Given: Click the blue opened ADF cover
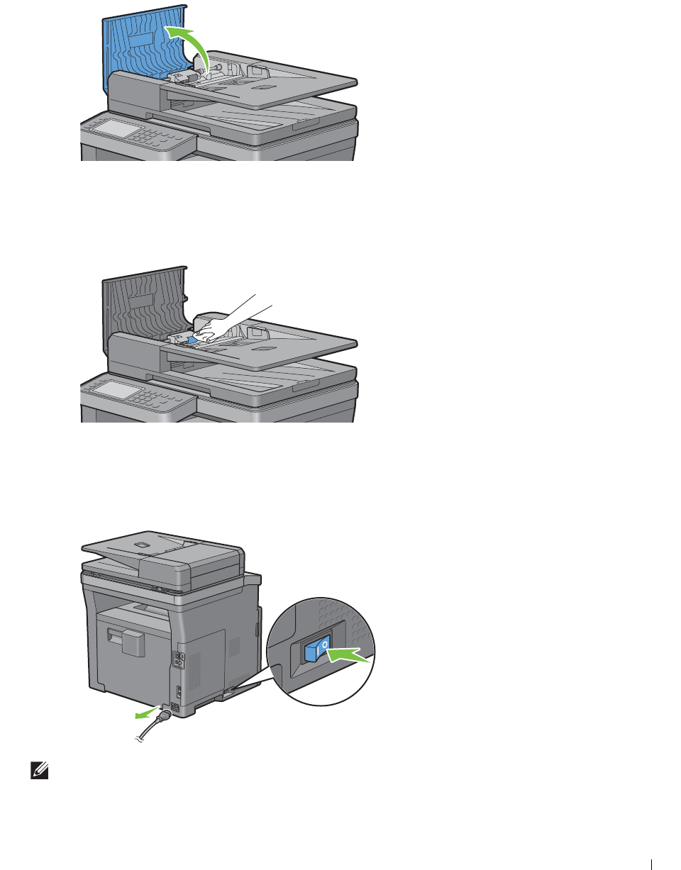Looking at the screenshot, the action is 138,50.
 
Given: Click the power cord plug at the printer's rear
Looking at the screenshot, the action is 167,710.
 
